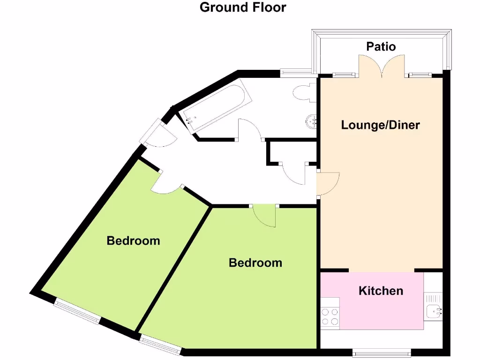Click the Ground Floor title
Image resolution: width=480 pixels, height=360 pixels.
click(243, 7)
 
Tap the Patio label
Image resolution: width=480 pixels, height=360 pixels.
click(381, 46)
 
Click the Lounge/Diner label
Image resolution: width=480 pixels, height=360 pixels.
click(380, 125)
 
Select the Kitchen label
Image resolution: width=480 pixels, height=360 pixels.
click(381, 291)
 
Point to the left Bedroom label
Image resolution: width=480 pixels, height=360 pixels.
click(133, 241)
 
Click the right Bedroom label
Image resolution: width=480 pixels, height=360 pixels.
click(255, 262)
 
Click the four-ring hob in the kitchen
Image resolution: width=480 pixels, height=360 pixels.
click(330, 316)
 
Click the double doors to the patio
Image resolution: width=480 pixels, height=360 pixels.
click(382, 66)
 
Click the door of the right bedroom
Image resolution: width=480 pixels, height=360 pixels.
click(264, 216)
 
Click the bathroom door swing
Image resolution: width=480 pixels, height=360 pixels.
click(250, 129)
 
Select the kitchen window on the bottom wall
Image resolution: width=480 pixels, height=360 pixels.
click(382, 352)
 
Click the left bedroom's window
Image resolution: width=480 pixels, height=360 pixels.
click(77, 311)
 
